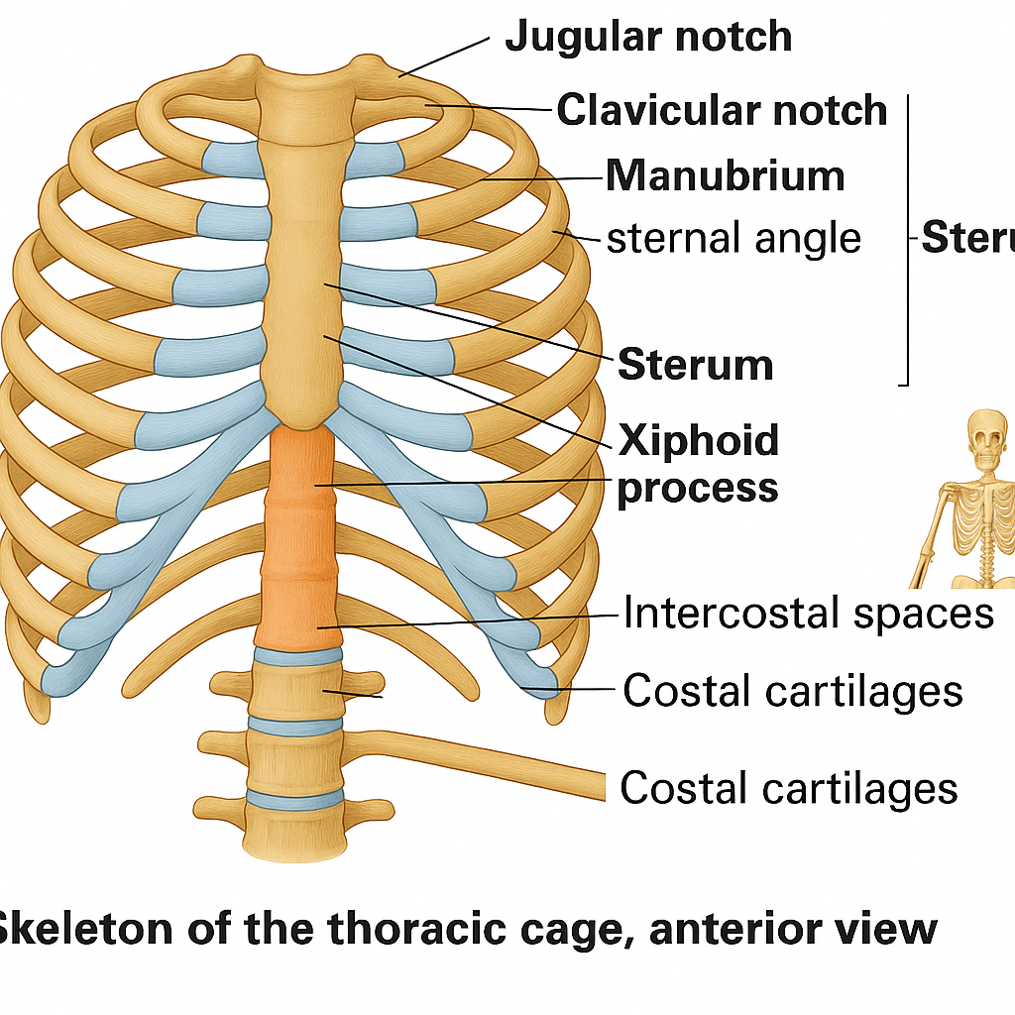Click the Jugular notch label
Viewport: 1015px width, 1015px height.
pos(648,38)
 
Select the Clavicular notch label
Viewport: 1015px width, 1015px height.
pos(722,109)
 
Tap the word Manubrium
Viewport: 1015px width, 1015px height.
pos(726,176)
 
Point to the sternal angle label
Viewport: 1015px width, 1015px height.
pos(733,238)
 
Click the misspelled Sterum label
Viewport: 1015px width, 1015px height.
pos(696,365)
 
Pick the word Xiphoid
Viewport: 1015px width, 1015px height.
pos(699,439)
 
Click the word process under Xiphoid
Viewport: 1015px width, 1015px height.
pos(697,488)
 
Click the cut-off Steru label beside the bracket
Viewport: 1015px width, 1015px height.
pos(967,238)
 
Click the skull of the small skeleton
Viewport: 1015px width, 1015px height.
pos(991,440)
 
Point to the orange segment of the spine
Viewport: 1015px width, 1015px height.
pos(300,535)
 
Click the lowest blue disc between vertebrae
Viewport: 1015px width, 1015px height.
pos(295,798)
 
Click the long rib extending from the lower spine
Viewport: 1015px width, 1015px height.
pos(476,763)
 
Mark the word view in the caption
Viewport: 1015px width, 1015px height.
pos(887,929)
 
